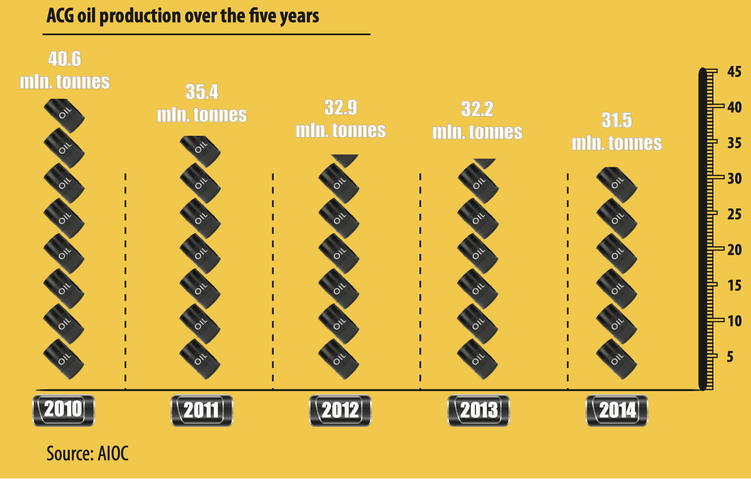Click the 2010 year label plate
[64, 410]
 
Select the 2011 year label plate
[202, 410]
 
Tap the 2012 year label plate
[340, 410]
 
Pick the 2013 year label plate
[478, 410]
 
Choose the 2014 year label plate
[617, 410]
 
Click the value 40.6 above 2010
[65, 59]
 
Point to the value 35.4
[202, 92]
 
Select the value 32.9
[341, 107]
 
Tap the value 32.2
[477, 109]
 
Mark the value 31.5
[617, 120]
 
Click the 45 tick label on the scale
[734, 72]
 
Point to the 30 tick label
[734, 179]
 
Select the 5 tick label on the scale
[730, 357]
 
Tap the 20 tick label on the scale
[734, 250]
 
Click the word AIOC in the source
[113, 453]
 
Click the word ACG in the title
[60, 16]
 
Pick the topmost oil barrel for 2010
[65, 115]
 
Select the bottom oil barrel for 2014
[617, 359]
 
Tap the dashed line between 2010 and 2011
[125, 280]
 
